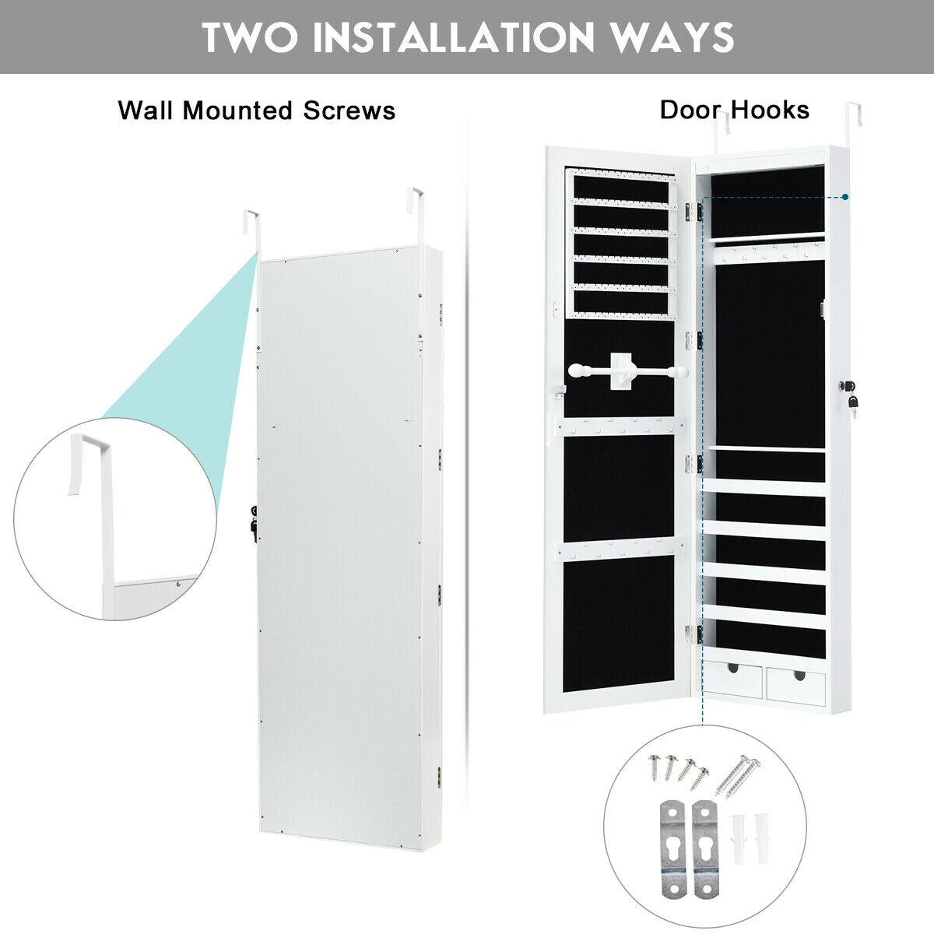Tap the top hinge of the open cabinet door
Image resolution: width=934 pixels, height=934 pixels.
tap(690, 209)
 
